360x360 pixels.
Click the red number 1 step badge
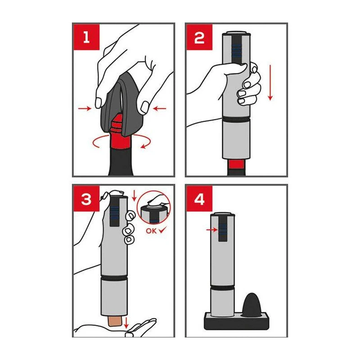pyautogui.click(x=86, y=37)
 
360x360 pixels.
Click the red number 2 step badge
pyautogui.click(x=199, y=37)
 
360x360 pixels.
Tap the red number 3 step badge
pyautogui.click(x=86, y=198)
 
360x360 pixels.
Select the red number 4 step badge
pyautogui.click(x=199, y=198)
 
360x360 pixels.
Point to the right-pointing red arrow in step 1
pyautogui.click(x=85, y=108)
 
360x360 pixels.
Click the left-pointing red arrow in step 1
pyautogui.click(x=160, y=108)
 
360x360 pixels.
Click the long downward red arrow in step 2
pyautogui.click(x=270, y=83)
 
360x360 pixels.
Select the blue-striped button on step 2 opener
pyautogui.click(x=237, y=50)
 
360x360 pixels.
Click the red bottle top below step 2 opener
pyautogui.click(x=237, y=164)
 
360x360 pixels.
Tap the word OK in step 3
pyautogui.click(x=151, y=231)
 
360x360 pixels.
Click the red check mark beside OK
pyautogui.click(x=162, y=230)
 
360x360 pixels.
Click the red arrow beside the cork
pyautogui.click(x=126, y=323)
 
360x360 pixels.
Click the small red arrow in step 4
pyautogui.click(x=211, y=230)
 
